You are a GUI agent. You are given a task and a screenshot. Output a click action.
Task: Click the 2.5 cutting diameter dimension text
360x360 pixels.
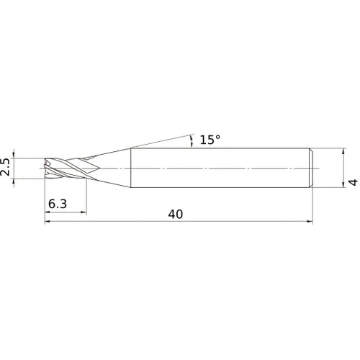tap(6, 168)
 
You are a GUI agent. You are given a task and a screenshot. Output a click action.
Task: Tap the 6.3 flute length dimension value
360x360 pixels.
tap(58, 204)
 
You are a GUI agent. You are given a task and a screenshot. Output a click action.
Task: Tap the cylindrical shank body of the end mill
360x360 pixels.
tap(216, 168)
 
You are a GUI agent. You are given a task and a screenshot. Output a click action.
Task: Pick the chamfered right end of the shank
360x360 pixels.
tap(311, 168)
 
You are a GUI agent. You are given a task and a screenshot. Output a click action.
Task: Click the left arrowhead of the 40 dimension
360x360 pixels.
tap(48, 222)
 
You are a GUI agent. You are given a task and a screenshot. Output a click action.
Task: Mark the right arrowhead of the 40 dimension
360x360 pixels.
tap(310, 222)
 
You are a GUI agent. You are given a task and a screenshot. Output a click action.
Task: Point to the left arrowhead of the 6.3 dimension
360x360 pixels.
tap(48, 212)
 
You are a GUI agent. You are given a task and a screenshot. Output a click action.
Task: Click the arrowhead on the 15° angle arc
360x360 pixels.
tap(192, 138)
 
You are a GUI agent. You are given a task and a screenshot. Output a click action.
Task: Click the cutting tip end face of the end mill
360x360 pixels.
tap(45, 168)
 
